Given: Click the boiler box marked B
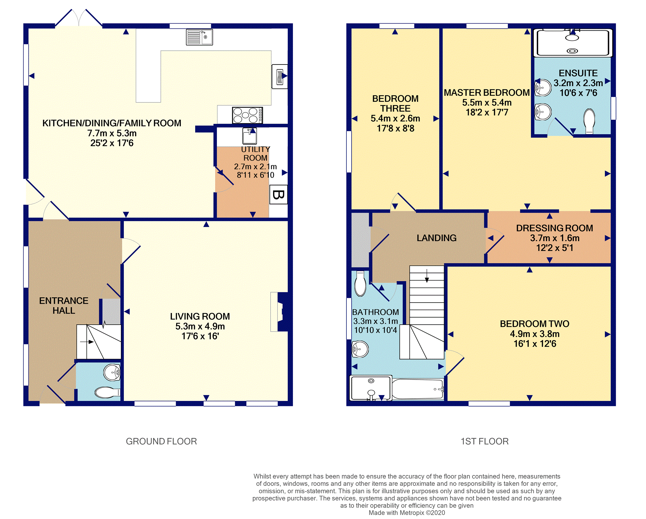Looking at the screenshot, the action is point(278,194).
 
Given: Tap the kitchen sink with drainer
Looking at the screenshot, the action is point(199,37).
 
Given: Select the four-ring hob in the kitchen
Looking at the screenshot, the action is point(248,115).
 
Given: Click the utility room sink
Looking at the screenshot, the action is point(249,136).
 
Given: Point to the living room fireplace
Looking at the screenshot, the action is point(279,312).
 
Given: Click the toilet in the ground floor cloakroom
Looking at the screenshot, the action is point(108,392).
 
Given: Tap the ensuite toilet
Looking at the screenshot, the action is point(589,121).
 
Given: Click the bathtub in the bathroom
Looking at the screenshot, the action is point(418,389).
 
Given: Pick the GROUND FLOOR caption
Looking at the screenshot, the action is point(161,441).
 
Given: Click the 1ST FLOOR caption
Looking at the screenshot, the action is point(485,441).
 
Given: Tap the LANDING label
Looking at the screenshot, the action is point(436,238).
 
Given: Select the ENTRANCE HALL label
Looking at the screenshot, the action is point(64,305).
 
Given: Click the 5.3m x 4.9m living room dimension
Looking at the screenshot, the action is point(200,326).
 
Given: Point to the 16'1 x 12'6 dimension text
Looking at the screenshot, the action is point(535,344).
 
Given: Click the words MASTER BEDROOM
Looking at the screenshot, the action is point(487,93).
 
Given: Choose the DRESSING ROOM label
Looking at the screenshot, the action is point(554,228).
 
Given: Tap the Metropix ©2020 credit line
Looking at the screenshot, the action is point(407,513).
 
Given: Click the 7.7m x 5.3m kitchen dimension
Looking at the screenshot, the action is point(112,133).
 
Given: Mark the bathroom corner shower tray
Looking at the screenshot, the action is point(371,388).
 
